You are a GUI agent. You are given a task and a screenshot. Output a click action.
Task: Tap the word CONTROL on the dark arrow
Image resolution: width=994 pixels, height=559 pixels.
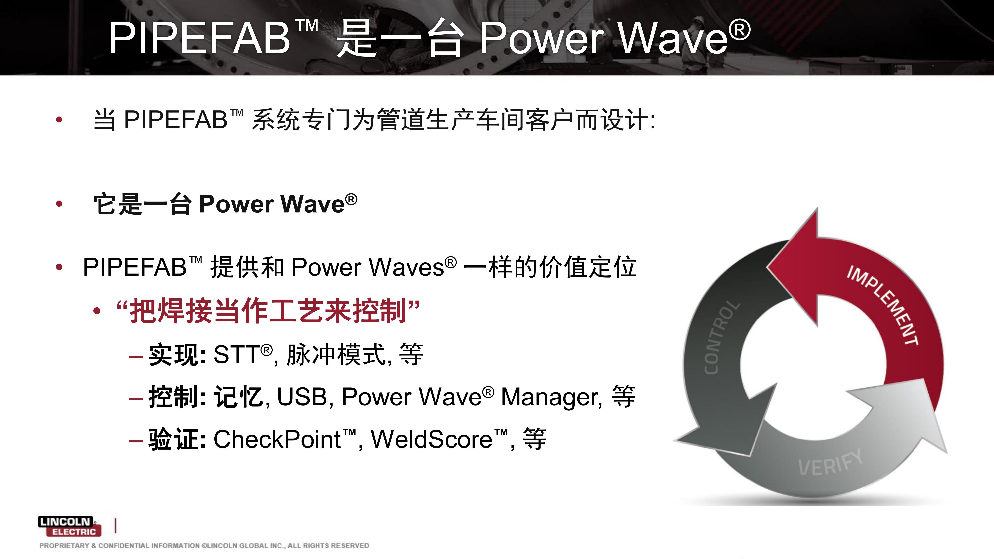click(721, 337)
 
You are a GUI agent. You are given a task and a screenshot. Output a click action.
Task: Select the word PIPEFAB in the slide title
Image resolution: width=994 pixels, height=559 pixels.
click(199, 38)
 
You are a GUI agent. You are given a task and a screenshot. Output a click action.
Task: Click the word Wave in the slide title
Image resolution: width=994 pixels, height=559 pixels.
click(673, 38)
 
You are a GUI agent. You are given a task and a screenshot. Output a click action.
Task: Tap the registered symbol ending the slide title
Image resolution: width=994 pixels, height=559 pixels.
click(739, 30)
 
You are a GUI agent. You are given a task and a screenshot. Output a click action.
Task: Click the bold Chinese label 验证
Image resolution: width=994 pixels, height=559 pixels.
click(174, 439)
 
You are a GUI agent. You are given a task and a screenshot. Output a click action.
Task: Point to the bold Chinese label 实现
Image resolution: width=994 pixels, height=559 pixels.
click(174, 355)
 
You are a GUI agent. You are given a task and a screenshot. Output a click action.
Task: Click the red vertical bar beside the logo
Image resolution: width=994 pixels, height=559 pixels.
click(116, 526)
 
